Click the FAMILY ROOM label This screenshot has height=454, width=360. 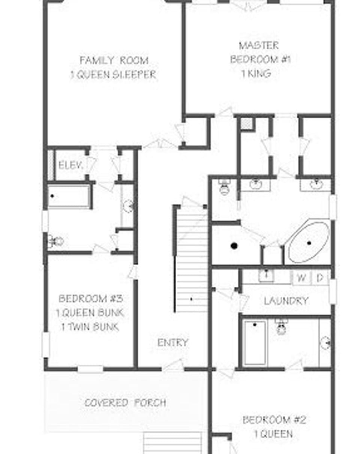pyautogui.click(x=114, y=60)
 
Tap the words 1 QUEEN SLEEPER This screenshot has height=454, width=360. pyautogui.click(x=113, y=74)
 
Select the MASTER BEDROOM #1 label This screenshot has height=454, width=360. pyautogui.click(x=260, y=53)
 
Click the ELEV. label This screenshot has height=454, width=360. pyautogui.click(x=70, y=165)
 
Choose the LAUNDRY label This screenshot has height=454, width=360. pyautogui.click(x=286, y=301)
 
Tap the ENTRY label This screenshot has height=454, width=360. pyautogui.click(x=172, y=342)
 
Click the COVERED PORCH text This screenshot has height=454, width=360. pyautogui.click(x=125, y=403)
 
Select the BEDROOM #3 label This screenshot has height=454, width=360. pyautogui.click(x=91, y=299)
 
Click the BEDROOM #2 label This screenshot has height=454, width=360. pyautogui.click(x=274, y=419)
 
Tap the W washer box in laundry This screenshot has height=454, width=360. pyautogui.click(x=301, y=278)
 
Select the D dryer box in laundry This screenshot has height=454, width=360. pyautogui.click(x=320, y=278)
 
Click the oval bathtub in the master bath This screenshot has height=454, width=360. pyautogui.click(x=309, y=243)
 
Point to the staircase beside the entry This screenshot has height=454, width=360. pyautogui.click(x=192, y=259)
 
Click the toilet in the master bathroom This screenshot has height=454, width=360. pyautogui.click(x=224, y=187)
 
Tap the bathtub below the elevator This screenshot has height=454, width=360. pyautogui.click(x=69, y=196)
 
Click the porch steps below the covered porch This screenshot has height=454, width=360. pyautogui.click(x=172, y=443)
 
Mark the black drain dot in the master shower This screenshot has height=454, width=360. pyautogui.click(x=234, y=246)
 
